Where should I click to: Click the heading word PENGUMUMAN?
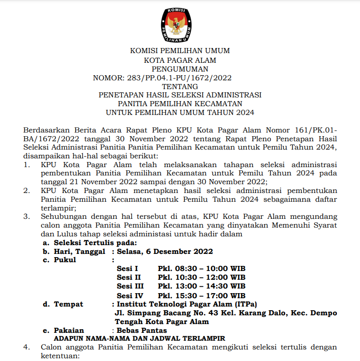(x=180, y=69)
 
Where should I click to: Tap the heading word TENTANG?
(x=180, y=86)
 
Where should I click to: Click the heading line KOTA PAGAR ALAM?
(x=180, y=60)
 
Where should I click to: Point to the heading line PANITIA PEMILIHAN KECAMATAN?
(x=180, y=104)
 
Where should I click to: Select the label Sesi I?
(x=127, y=269)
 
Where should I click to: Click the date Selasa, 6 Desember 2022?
(x=165, y=251)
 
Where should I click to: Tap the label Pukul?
(x=65, y=260)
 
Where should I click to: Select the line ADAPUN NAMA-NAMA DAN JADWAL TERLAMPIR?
(x=139, y=338)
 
